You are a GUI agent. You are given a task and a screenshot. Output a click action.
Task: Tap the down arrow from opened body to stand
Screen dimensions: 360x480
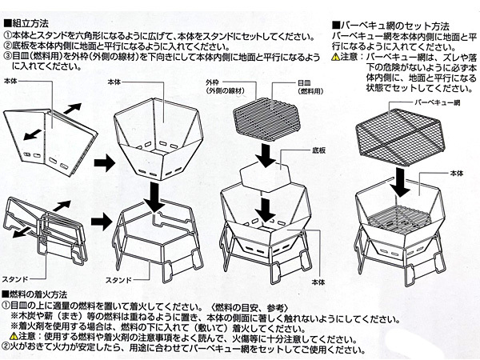[x=151, y=193]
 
